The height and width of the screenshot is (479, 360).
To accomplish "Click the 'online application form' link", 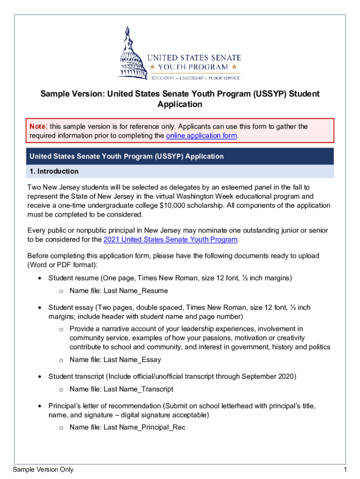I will click(x=202, y=136).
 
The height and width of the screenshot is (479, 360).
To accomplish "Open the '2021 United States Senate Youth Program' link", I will click(x=171, y=240).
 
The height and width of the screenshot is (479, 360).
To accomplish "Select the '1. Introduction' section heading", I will click(x=52, y=171).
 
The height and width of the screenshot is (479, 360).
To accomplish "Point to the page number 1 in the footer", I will click(x=344, y=470).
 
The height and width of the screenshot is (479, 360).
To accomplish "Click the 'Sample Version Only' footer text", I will click(x=43, y=470).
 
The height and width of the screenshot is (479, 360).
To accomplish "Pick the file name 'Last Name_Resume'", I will click(x=135, y=290).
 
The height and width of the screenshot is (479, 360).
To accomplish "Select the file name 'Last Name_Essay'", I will click(x=132, y=360).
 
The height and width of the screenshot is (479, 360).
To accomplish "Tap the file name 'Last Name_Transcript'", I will click(x=138, y=389).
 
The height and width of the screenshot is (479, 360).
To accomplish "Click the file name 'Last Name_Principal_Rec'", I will click(x=144, y=427).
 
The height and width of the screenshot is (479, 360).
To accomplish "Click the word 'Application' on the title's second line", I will click(x=180, y=104).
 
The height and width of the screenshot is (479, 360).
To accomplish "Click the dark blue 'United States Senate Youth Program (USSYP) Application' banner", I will click(x=180, y=156).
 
